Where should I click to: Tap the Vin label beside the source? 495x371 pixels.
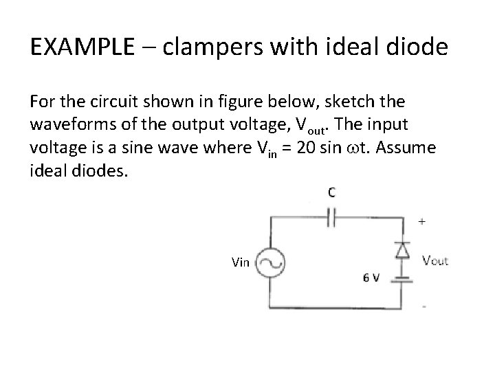coord(241,262)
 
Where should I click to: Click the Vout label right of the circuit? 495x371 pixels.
coord(434,261)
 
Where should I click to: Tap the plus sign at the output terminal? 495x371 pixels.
coord(421,222)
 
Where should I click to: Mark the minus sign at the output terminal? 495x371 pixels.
coord(423,306)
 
